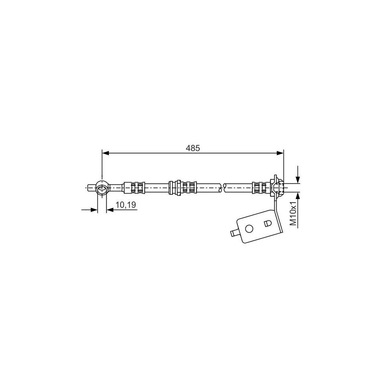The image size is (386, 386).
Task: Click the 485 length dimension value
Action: coord(193,148)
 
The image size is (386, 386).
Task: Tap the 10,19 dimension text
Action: coord(125,205)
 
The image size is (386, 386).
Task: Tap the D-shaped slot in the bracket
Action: coord(267,223)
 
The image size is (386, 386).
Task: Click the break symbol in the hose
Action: coord(221,187)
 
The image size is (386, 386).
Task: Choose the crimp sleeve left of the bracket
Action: coord(260,187)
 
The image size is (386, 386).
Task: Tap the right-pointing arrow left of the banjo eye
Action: coord(93,210)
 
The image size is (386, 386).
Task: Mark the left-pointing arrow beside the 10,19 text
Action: coord(110,210)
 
